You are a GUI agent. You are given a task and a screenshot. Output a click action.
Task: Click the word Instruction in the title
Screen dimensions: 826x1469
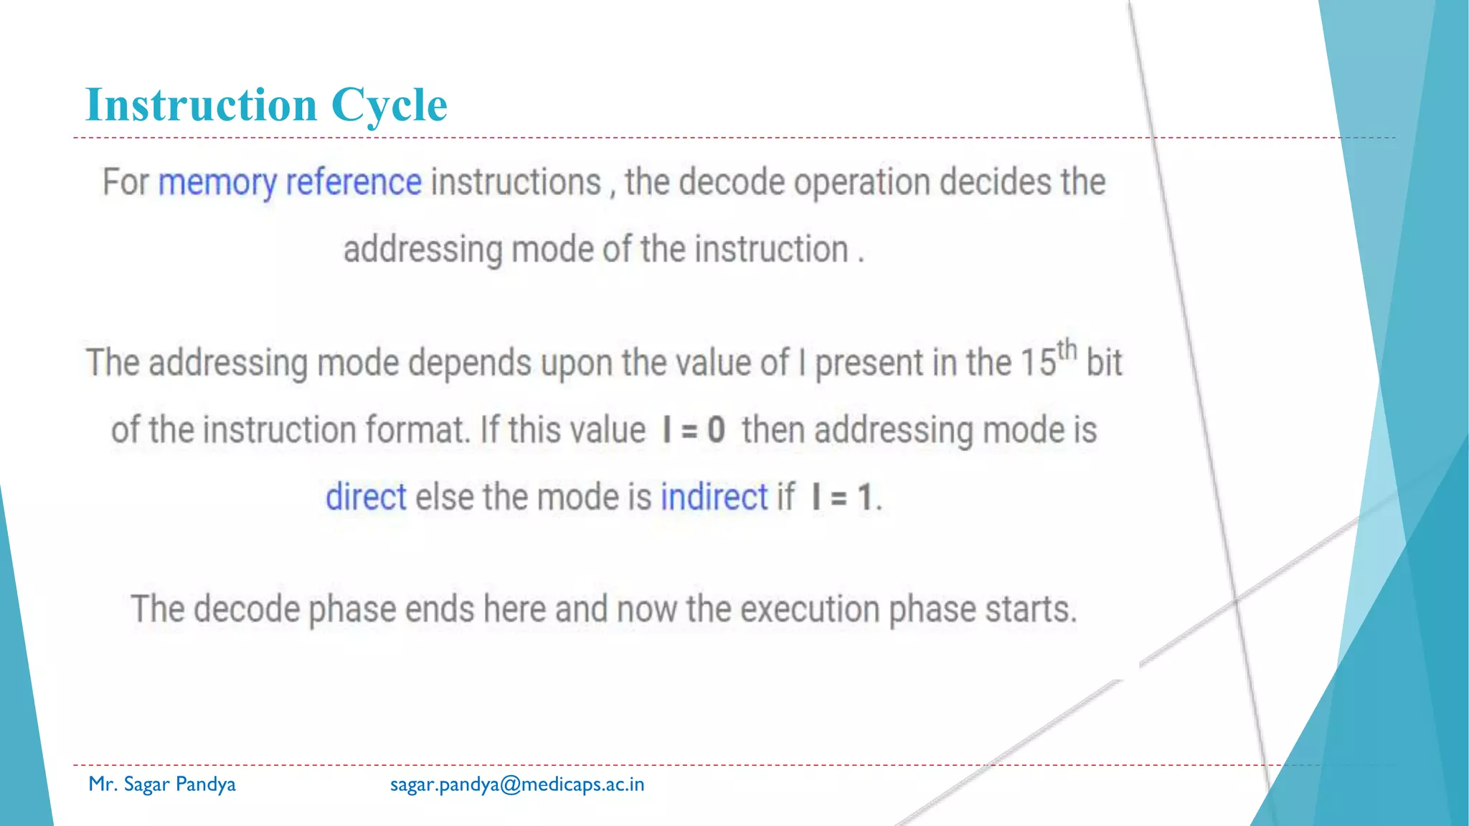[x=201, y=105]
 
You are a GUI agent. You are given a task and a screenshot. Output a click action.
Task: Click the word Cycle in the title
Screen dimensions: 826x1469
[x=389, y=105]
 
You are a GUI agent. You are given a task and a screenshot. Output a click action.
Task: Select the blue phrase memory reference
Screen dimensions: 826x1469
[x=290, y=183]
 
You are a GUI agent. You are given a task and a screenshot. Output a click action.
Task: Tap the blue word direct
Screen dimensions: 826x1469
[x=366, y=498]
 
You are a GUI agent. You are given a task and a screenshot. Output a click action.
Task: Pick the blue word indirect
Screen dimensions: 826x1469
[x=714, y=498]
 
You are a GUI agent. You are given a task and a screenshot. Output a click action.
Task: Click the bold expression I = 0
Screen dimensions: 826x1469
[x=694, y=430]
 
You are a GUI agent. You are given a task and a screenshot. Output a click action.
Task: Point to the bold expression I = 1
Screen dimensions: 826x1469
[x=842, y=498]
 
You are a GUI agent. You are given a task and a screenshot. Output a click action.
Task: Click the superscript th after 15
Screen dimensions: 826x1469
[x=1067, y=350]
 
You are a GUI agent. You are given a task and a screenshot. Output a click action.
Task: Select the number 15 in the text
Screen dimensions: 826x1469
[x=1038, y=363]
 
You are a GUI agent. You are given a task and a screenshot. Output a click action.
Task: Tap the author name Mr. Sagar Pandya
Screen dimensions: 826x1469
[x=162, y=784]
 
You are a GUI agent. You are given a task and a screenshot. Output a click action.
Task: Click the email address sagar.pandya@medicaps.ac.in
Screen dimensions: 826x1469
[x=517, y=784]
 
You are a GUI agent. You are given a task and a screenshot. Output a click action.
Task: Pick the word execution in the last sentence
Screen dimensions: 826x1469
[x=810, y=610]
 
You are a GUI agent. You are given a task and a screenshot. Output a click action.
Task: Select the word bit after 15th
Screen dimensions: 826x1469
[x=1104, y=363]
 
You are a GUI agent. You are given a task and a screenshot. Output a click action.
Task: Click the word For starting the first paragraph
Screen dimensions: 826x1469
[x=125, y=183]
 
